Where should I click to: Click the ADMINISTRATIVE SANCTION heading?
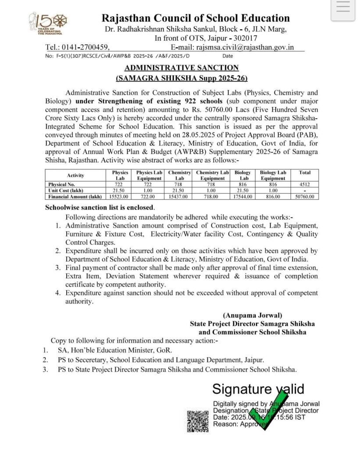click(x=182, y=68)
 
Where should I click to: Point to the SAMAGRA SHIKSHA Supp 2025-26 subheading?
click(x=182, y=78)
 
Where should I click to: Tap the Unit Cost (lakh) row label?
click(x=66, y=191)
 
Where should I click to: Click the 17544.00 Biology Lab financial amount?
click(x=242, y=197)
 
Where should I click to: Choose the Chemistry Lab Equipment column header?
click(x=213, y=175)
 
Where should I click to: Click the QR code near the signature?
click(x=198, y=420)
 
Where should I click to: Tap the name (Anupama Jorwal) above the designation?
click(x=252, y=315)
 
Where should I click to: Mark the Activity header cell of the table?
click(x=73, y=175)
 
